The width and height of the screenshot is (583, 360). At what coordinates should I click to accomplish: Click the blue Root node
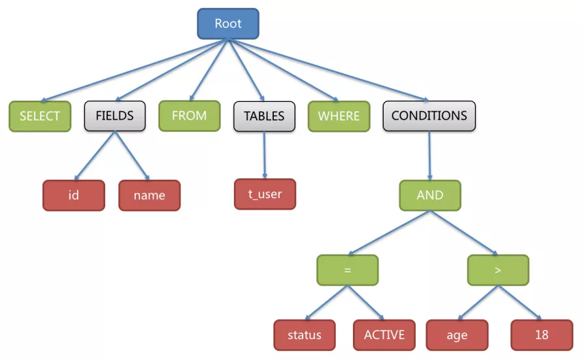pos(228,24)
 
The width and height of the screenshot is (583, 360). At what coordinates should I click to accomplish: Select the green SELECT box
pos(39,116)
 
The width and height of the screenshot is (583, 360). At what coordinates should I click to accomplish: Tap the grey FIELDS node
pos(114,116)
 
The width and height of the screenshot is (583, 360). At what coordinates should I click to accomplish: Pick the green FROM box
pos(189,116)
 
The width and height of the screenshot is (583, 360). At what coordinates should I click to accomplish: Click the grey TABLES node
pos(264,116)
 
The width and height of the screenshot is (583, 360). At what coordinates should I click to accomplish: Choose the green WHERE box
pos(339,116)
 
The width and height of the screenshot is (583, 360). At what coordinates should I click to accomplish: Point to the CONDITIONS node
pos(429,116)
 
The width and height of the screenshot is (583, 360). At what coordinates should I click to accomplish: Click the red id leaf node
pos(73,195)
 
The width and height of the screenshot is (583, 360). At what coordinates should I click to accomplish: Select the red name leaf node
pos(149,195)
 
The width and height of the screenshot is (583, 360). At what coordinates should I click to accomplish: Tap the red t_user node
pos(265,194)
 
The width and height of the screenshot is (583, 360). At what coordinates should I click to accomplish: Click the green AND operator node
pos(429,195)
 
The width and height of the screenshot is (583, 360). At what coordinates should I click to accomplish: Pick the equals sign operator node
pos(347,270)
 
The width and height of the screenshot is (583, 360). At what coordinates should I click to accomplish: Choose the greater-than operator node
pos(498,270)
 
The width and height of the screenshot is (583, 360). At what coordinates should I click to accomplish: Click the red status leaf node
pos(304,335)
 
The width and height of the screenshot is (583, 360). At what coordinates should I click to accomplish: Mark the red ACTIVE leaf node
pos(384,335)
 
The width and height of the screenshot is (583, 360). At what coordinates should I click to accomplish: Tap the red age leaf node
pos(457,335)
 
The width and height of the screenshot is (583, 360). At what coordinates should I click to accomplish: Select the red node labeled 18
pos(541,335)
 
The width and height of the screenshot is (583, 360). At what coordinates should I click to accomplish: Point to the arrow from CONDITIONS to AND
pos(429,155)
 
